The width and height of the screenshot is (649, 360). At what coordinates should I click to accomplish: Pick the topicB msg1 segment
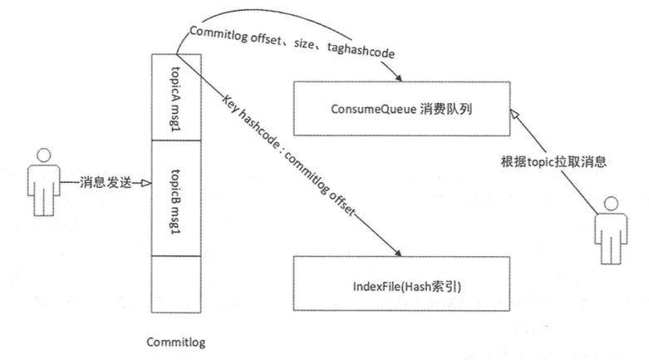(175, 199)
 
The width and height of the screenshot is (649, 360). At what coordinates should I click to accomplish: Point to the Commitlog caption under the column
(175, 342)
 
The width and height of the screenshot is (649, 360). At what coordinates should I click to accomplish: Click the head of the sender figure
(39, 157)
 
